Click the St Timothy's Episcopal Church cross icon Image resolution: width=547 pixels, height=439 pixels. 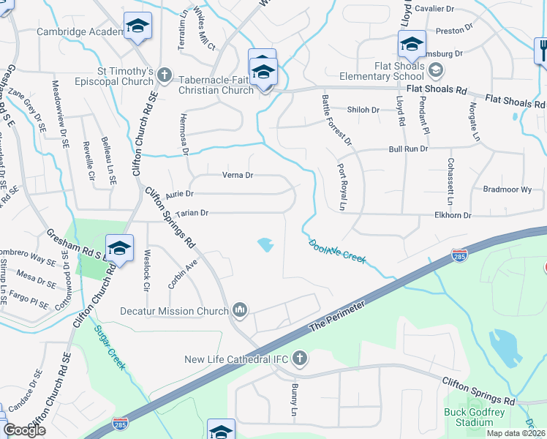point(165,74)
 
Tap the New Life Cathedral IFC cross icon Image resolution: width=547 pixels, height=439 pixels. point(298,358)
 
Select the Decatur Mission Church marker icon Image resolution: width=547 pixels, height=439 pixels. point(240,311)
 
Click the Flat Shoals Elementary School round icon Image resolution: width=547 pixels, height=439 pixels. point(436,70)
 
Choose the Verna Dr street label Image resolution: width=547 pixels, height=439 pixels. point(238,176)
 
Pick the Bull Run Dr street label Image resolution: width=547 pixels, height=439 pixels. point(408,149)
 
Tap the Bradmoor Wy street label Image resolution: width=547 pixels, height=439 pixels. point(508,189)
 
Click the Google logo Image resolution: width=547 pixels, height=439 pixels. point(24,430)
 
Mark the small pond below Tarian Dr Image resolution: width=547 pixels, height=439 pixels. point(265,244)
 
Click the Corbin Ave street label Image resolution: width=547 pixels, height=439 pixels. point(183,273)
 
